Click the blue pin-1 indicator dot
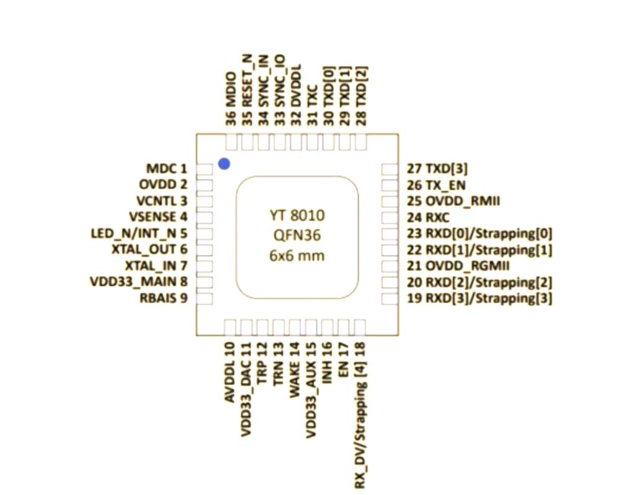224,164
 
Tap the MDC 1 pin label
167,168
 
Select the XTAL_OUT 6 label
150,249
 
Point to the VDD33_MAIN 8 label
139,282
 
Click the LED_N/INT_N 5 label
139,233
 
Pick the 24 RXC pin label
428,217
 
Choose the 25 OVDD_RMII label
453,201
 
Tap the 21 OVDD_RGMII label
458,265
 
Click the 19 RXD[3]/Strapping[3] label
479,298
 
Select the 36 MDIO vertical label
231,99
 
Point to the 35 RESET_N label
247,90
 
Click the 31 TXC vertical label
312,105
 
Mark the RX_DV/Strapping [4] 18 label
360,416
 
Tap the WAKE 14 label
294,369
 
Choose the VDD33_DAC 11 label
246,389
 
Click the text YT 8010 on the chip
297,215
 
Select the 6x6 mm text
297,256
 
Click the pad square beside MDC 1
204,169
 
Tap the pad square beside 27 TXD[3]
390,169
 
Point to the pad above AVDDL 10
230,327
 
